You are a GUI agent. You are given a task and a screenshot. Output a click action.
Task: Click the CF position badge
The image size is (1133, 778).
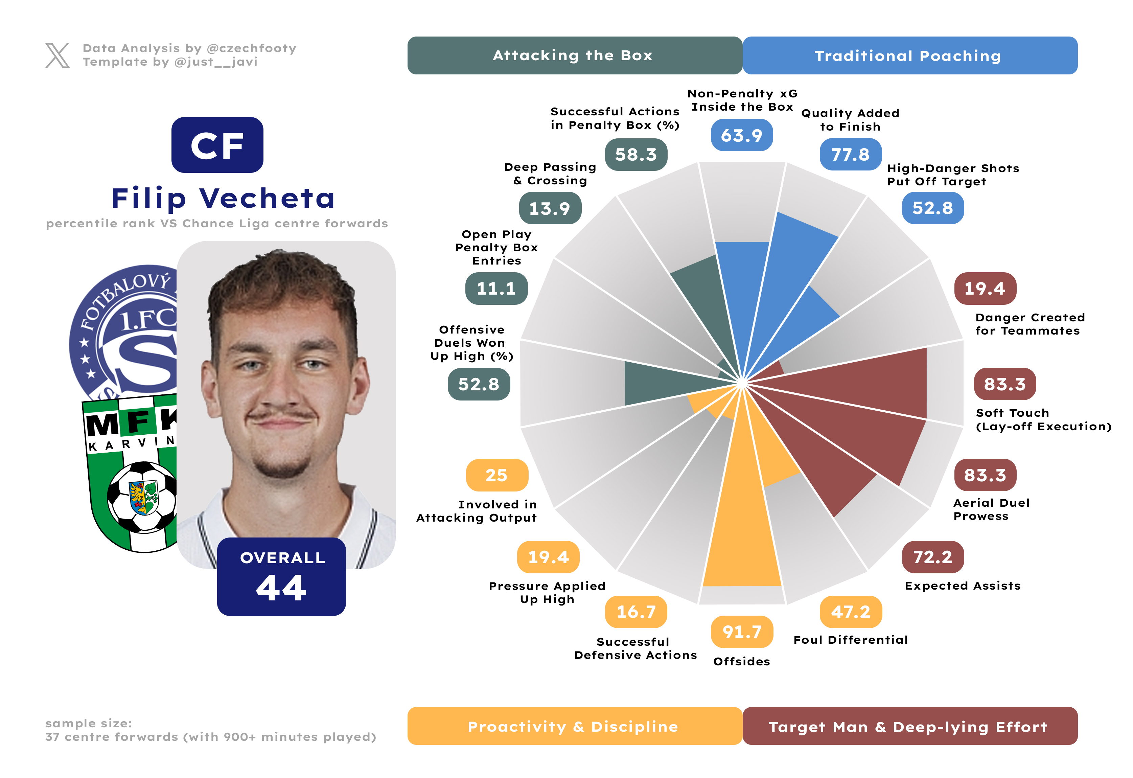217,145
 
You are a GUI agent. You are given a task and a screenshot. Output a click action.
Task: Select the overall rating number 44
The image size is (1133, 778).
281,588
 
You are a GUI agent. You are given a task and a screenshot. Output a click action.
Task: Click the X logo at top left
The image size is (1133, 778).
57,55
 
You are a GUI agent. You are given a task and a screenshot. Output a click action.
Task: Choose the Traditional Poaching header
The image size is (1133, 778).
909,55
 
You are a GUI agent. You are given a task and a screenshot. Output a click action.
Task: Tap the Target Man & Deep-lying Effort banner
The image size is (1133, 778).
909,726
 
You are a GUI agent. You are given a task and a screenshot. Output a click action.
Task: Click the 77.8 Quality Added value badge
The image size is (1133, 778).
850,155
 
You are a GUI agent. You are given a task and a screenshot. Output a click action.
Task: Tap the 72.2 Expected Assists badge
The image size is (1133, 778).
933,557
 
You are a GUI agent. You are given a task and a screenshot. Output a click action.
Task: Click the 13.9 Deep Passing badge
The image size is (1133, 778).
550,208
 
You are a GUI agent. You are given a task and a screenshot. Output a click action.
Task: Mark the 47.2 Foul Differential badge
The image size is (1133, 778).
851,612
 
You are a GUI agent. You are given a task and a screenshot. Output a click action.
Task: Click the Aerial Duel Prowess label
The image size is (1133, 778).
992,509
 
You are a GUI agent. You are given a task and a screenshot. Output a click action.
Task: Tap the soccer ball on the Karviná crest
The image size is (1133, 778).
143,497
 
